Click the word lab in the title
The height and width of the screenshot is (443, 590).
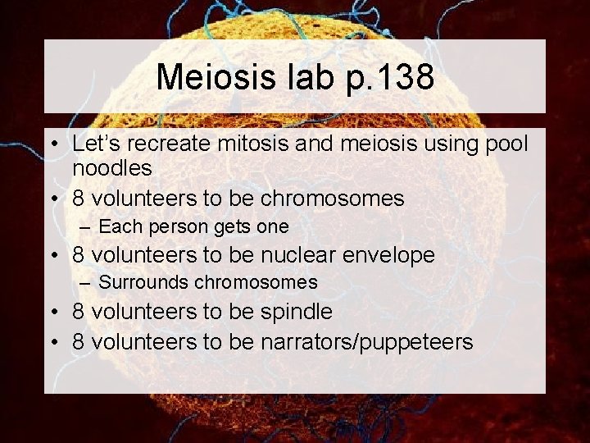point(307,77)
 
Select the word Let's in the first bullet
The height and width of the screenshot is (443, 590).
point(96,144)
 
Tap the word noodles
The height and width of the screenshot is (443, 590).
point(112,169)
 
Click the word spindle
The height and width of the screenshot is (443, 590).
point(295,312)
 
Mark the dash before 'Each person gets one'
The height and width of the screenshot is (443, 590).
point(84,226)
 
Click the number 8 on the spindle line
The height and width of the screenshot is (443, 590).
point(79,312)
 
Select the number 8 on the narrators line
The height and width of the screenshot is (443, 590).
point(79,340)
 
